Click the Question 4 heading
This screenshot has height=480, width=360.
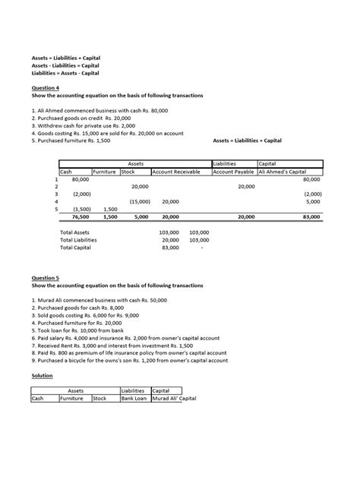coord(45,87)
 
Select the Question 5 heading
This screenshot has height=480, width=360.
coord(45,278)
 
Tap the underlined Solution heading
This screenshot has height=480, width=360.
coord(42,375)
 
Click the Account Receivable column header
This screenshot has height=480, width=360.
coord(177,172)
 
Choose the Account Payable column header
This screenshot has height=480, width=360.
coord(233,172)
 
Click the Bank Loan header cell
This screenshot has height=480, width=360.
coord(135,397)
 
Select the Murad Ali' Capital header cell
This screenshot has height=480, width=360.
coord(180,397)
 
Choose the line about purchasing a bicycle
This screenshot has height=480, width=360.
coord(129,361)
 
